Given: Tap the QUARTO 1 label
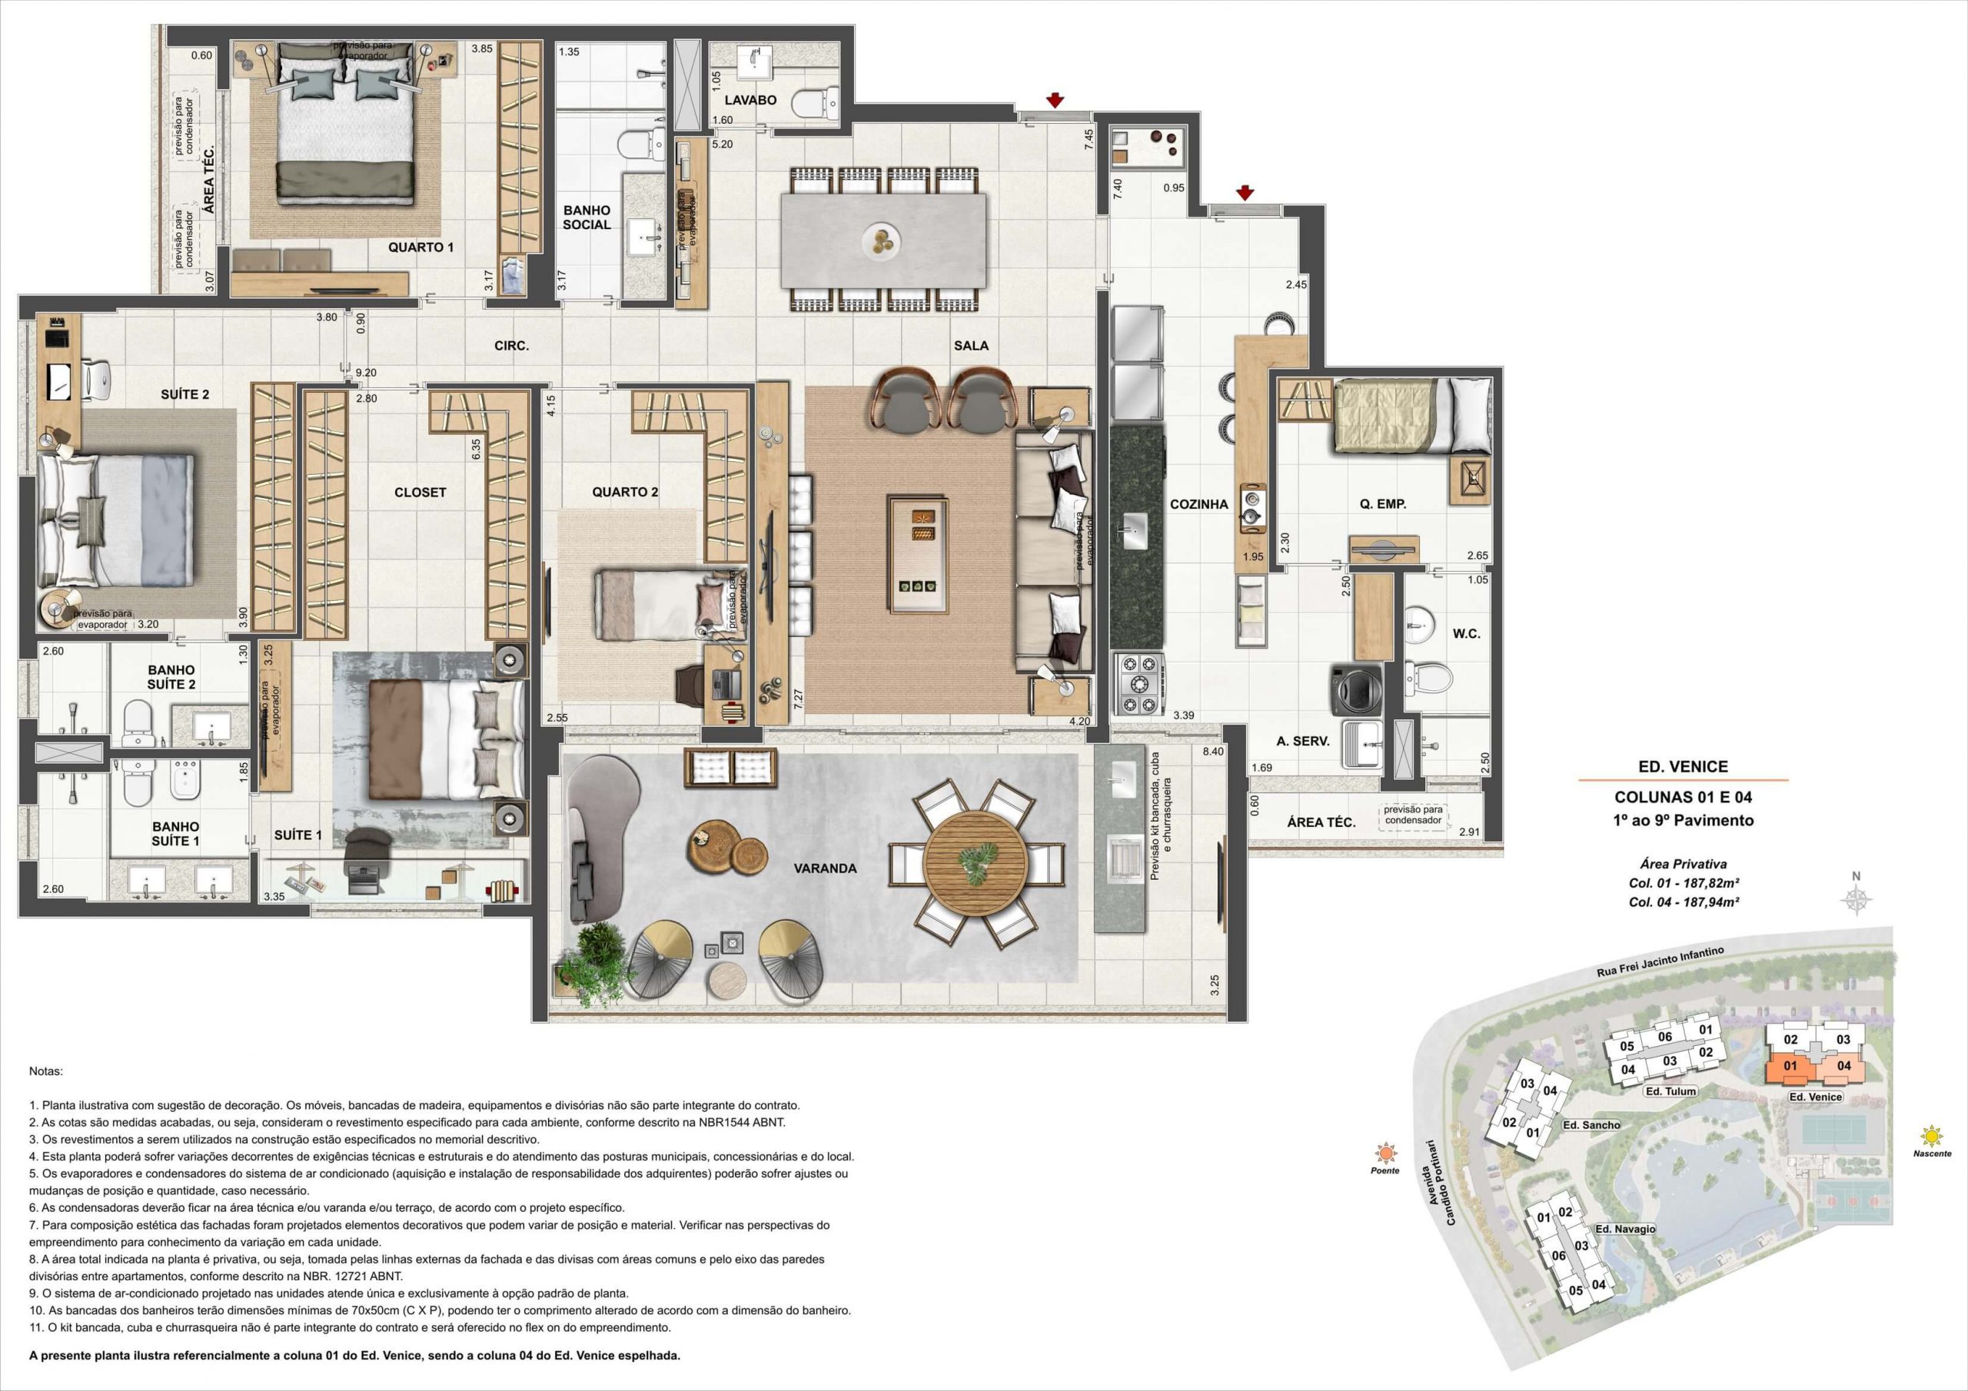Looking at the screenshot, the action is pos(420,247).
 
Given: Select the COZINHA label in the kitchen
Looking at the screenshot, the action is pos(1199,505).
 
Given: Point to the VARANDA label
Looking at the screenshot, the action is pos(825,868).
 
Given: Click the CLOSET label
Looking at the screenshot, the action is pos(420,493).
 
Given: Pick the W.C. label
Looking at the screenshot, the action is pos(1466,634).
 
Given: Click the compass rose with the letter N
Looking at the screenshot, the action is pos(1857,899).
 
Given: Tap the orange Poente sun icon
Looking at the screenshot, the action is pos(1385,1153).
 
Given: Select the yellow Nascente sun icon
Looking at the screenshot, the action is pos(1931,1137).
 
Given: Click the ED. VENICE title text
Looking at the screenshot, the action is pos(1683,767).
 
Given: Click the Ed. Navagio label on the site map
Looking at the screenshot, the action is pos(1626,1229).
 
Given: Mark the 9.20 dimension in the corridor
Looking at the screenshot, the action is pos(366,373).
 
